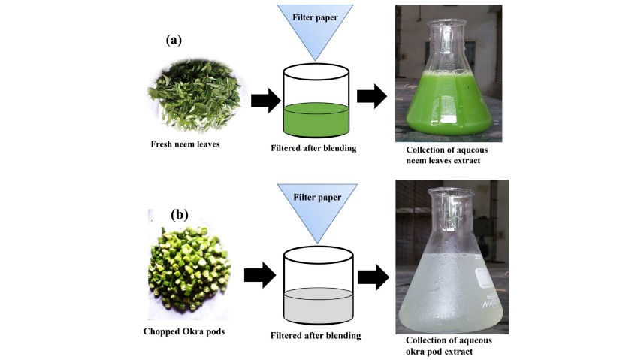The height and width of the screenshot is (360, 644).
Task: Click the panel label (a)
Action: (175, 41)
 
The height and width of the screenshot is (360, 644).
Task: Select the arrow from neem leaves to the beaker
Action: (264, 101)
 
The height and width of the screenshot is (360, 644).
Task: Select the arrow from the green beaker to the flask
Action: (371, 96)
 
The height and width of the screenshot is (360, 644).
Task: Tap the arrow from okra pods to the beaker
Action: (263, 276)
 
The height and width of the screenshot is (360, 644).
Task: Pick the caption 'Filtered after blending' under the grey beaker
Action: (316, 335)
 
